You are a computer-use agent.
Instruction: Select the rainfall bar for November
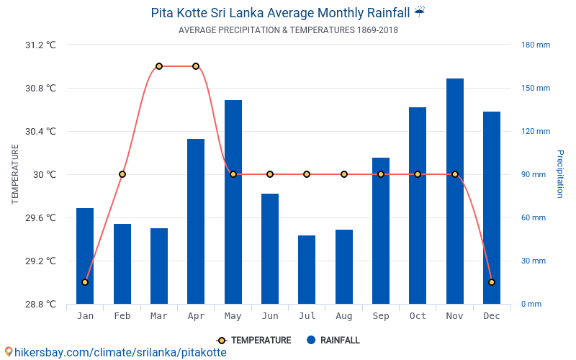(x=454, y=191)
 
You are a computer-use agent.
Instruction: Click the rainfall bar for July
(x=307, y=269)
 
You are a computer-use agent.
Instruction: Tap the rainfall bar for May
(x=233, y=202)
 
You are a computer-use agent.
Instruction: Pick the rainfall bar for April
(x=196, y=221)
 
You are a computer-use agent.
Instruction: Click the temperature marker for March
(x=159, y=66)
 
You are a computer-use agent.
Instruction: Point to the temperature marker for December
(x=492, y=282)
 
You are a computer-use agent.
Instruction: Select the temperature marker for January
(x=85, y=282)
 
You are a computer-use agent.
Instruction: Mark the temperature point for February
(x=122, y=174)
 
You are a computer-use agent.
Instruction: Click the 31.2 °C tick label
(x=40, y=45)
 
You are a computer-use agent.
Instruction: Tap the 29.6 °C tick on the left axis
(x=40, y=217)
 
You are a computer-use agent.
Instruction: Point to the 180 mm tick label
(x=536, y=45)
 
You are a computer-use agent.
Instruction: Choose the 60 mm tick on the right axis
(x=534, y=217)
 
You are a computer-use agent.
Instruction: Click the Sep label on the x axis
(x=381, y=316)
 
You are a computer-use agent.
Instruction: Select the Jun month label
(x=270, y=316)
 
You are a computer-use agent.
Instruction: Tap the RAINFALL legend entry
(x=333, y=341)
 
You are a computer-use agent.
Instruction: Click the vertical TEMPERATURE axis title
(x=15, y=174)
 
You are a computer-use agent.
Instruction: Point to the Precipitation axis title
(x=560, y=174)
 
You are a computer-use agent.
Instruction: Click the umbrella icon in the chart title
(x=420, y=12)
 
